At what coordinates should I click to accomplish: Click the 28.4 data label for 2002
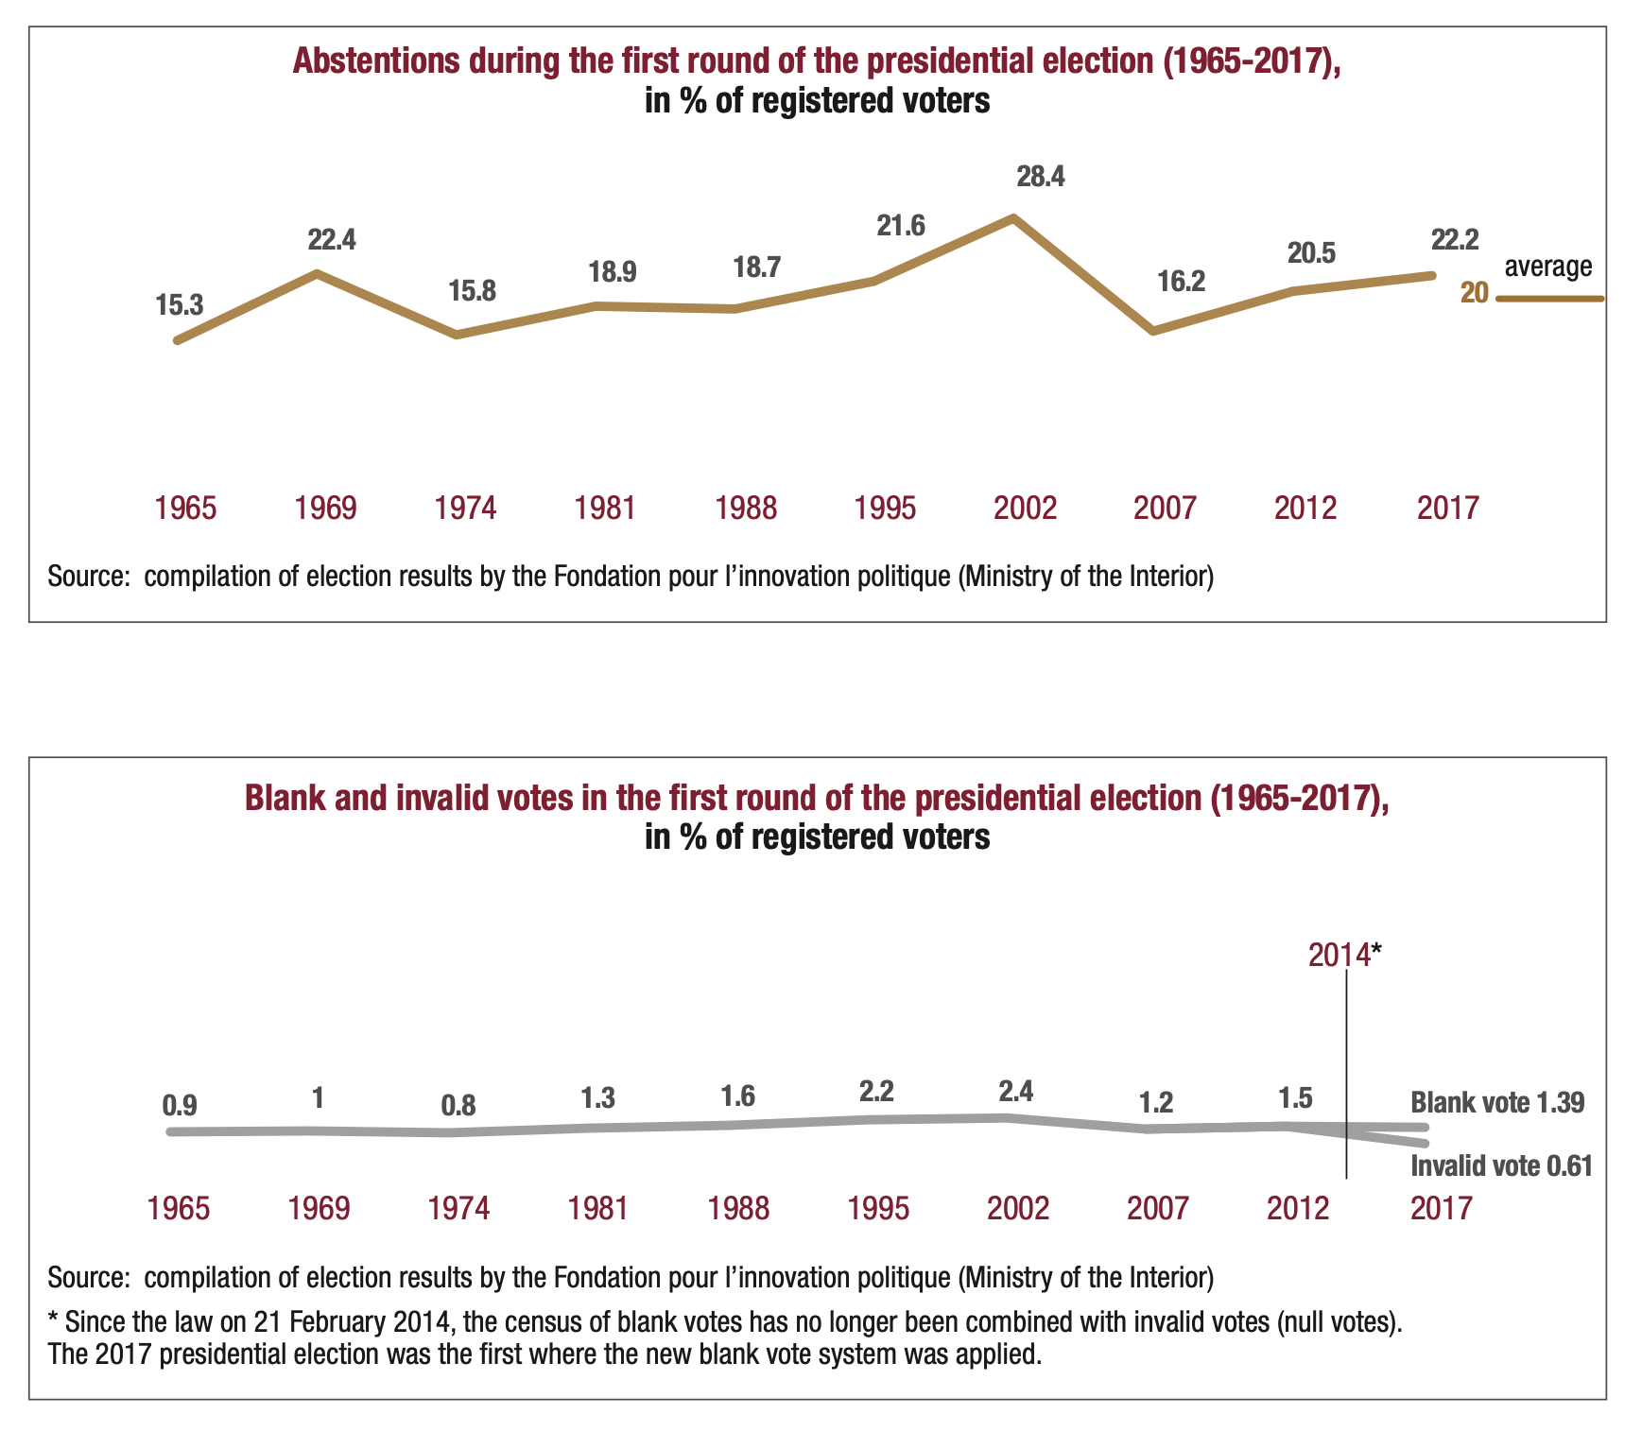click(1040, 177)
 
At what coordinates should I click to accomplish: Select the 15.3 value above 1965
click(180, 304)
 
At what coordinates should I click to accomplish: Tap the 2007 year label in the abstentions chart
click(1165, 509)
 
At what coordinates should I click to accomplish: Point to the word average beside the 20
click(1548, 267)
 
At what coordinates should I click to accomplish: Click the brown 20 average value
click(1474, 293)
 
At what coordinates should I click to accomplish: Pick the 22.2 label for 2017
click(1455, 240)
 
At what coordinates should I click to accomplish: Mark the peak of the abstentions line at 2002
click(1013, 217)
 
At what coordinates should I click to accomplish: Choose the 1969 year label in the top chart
click(326, 509)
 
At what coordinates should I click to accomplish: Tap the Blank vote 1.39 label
click(1496, 1102)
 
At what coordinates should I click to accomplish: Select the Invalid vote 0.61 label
click(1501, 1165)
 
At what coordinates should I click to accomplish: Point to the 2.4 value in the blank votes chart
click(1016, 1091)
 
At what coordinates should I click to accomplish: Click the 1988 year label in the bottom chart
click(739, 1208)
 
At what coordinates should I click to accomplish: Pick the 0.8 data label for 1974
click(458, 1105)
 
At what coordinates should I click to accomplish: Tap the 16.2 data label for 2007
click(1182, 281)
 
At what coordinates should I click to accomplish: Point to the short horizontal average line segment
click(1550, 299)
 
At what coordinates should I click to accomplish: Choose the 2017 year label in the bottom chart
click(1441, 1208)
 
